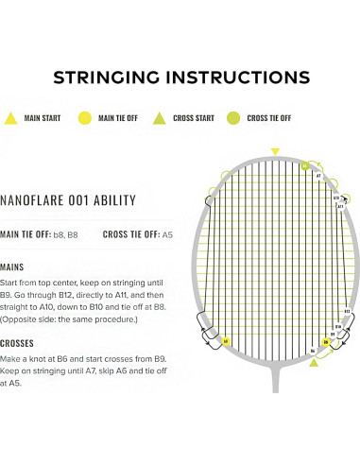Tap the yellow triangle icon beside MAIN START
click(11, 118)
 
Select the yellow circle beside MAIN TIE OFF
click(83, 118)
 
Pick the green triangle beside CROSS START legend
click(160, 118)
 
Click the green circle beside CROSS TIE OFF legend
click(232, 118)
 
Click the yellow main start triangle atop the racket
click(275, 151)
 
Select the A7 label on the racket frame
click(318, 176)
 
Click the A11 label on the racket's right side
click(340, 205)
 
